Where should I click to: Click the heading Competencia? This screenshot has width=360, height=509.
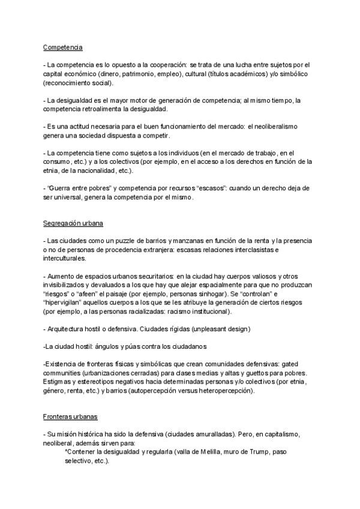tap(62, 47)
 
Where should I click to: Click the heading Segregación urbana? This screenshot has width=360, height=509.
tap(73, 223)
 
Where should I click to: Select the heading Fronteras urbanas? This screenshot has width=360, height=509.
tap(70, 417)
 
